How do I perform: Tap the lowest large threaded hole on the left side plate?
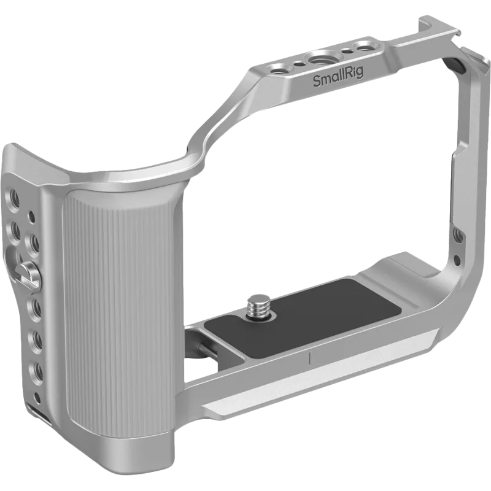pos(37,369)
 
